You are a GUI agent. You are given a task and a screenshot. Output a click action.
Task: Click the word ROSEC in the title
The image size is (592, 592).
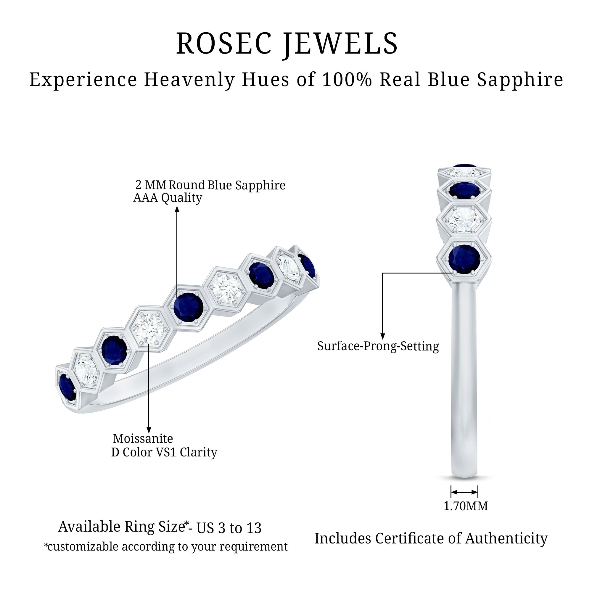(224, 44)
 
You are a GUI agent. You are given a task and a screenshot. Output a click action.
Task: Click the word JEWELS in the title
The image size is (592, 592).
(340, 44)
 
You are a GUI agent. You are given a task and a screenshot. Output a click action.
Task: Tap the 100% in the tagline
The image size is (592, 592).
(347, 80)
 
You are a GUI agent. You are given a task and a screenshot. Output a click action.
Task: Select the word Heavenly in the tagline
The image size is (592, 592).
(189, 80)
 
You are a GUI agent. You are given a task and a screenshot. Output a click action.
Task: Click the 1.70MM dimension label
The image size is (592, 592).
(466, 506)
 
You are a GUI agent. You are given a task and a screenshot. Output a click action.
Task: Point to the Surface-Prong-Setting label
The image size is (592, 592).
(378, 346)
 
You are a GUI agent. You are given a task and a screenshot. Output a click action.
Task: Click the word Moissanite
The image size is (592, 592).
(143, 438)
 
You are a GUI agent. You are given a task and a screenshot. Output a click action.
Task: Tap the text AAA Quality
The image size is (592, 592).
(168, 198)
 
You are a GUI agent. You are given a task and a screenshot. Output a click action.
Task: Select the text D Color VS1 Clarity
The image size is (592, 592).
(164, 452)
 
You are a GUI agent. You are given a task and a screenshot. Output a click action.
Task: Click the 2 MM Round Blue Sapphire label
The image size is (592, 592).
(210, 185)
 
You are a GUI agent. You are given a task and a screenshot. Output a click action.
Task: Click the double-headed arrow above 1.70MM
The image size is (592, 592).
(464, 492)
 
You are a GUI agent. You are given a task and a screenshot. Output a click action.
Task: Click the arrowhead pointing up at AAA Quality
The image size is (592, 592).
(177, 209)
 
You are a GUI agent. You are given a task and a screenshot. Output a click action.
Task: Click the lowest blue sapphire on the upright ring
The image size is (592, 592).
(464, 259)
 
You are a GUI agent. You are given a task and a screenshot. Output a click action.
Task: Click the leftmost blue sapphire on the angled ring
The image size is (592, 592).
(67, 387)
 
